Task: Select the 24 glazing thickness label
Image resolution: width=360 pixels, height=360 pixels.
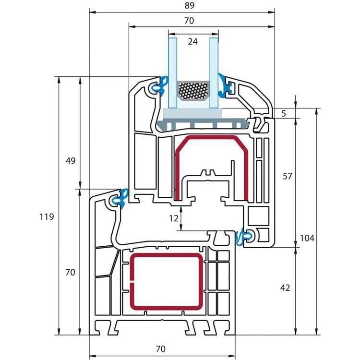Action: pos(193,42)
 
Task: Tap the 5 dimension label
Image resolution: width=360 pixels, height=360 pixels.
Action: pos(284,114)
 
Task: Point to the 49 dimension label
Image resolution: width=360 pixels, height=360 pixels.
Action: pos(71,161)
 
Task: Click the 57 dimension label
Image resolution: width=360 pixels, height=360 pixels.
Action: pos(287,176)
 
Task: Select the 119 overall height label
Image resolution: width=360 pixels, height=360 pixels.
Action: pos(47,216)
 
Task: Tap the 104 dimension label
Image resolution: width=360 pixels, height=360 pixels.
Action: pos(307,238)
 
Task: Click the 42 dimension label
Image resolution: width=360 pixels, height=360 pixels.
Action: pos(285,288)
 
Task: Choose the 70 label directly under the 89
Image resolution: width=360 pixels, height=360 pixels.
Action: pos(189,21)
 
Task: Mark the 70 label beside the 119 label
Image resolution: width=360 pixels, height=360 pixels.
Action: pos(70,272)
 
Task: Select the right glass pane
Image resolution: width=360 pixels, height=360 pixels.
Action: pos(214,72)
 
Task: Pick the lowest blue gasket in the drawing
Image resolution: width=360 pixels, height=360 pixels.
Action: pos(244,237)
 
